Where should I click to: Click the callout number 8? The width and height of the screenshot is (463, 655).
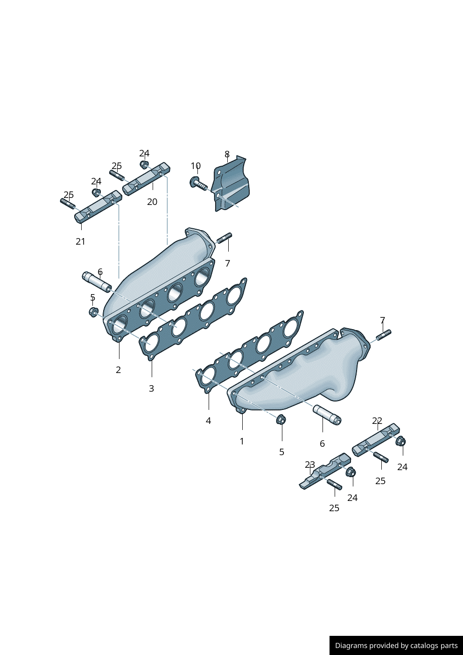[x=227, y=154]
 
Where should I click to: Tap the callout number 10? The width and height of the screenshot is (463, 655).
[x=196, y=166]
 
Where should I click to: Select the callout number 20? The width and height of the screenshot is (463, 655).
[x=152, y=202]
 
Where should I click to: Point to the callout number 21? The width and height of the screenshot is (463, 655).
[x=80, y=241]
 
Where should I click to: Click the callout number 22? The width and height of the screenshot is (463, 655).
[x=377, y=421]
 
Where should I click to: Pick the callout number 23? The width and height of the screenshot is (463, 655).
[x=310, y=465]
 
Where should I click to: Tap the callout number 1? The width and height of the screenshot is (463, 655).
[x=242, y=441]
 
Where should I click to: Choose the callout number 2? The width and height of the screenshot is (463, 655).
[x=118, y=370]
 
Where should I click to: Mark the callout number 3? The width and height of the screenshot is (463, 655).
[x=151, y=388]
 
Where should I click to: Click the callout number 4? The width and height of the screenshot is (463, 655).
[x=208, y=421]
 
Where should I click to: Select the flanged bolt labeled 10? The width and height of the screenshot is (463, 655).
[x=198, y=183]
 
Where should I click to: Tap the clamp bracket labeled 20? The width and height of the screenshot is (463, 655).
[x=146, y=179]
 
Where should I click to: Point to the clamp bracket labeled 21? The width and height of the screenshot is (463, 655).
[x=98, y=206]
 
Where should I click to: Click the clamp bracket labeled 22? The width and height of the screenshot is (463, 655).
[x=376, y=440]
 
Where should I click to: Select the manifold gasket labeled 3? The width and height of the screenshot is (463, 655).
[x=193, y=319]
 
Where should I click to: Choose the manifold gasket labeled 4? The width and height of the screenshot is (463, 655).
[x=249, y=352]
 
